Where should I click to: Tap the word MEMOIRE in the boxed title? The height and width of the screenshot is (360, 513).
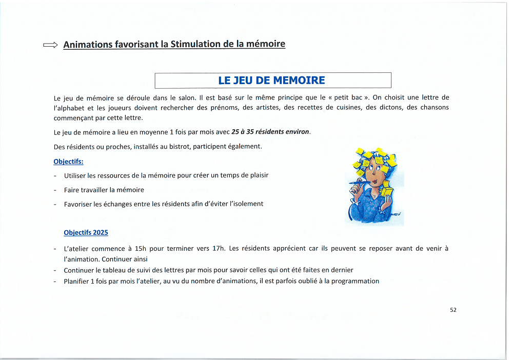299,81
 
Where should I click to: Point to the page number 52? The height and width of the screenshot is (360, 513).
453,310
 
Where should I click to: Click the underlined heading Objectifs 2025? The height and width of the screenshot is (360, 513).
86,232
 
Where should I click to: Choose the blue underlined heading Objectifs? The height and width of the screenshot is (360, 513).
68,162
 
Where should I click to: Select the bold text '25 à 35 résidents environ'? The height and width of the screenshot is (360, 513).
270,132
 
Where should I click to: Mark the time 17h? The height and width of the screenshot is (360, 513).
219,249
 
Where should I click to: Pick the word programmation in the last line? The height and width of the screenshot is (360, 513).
355,281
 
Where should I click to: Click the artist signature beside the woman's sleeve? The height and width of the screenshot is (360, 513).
394,214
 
